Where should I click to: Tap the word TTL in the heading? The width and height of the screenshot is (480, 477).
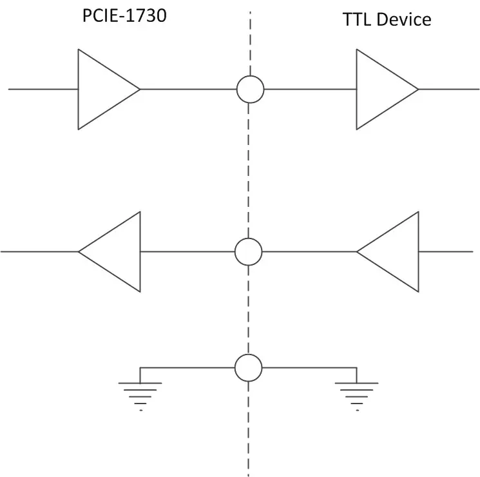[356, 19]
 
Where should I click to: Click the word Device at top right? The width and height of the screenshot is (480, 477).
[403, 19]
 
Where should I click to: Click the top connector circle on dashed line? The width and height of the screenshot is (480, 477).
[249, 89]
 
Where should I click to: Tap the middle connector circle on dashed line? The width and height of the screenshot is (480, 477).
[248, 251]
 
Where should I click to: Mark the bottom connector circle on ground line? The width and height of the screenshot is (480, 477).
[248, 367]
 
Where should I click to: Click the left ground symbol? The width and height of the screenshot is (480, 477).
[140, 393]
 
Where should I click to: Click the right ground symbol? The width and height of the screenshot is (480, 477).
[356, 393]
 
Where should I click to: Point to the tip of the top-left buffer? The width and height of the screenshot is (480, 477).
[139, 89]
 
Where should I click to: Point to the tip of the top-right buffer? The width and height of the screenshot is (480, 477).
[418, 89]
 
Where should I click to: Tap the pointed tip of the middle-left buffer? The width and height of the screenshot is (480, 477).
[79, 251]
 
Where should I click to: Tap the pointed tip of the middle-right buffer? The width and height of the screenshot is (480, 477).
[358, 251]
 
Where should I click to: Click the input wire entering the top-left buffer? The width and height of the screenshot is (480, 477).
[43, 89]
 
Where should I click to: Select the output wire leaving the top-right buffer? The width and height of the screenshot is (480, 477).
[449, 89]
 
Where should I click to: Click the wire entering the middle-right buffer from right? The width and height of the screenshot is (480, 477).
[449, 251]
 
